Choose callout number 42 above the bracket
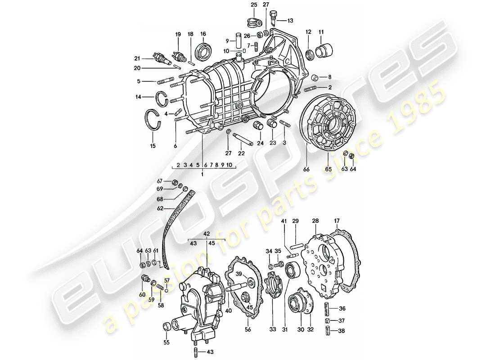pos(207,234)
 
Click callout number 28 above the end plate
pos(315,221)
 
